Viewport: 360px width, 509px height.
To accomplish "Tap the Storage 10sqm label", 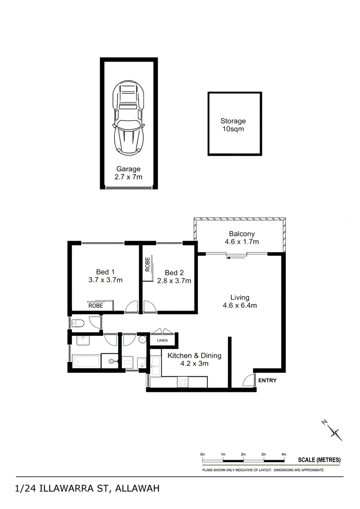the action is [x=233, y=125].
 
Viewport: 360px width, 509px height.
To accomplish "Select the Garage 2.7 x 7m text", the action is [x=129, y=173].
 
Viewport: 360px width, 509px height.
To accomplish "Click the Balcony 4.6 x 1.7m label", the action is [x=242, y=238].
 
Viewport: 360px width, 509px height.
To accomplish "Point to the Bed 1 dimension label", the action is [x=105, y=280].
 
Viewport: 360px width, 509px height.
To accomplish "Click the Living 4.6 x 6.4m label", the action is [x=240, y=301].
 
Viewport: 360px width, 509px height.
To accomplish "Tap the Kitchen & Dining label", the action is [x=194, y=356].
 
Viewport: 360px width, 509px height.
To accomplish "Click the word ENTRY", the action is [x=267, y=380].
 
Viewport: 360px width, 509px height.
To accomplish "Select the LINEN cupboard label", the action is [x=162, y=340].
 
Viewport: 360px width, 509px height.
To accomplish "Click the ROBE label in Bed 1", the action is [x=95, y=306].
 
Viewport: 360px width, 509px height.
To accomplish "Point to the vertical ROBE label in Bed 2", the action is [x=148, y=264].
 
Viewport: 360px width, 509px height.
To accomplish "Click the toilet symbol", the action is [x=78, y=323].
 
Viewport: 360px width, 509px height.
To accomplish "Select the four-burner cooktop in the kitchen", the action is [x=182, y=382].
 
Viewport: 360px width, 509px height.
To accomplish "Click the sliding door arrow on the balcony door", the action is [x=236, y=258].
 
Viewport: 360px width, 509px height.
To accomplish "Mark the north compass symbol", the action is [x=333, y=430].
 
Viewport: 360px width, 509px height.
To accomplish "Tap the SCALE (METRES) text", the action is [x=319, y=459].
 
